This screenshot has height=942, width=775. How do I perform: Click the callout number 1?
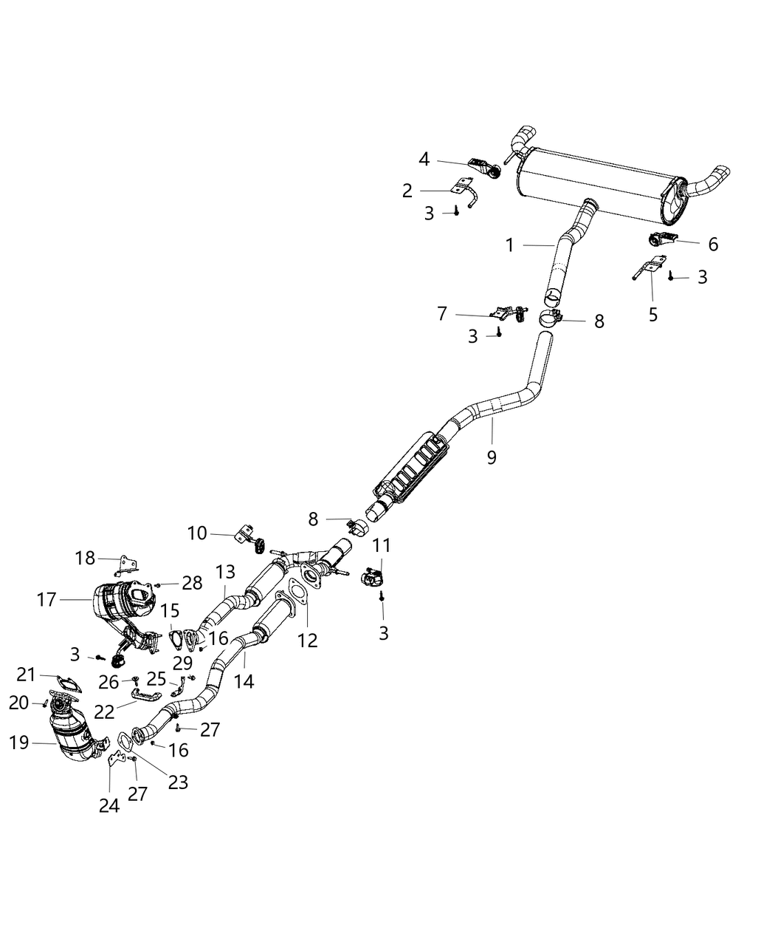[509, 245]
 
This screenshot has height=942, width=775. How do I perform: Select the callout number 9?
[492, 457]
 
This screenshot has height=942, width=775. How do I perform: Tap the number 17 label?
[46, 599]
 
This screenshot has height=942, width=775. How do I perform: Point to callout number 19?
[19, 743]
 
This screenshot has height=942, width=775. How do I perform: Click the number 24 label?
[109, 805]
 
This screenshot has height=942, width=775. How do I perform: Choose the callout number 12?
[307, 640]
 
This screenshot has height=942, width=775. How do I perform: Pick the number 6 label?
[712, 244]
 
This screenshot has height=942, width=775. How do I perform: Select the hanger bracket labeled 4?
[483, 168]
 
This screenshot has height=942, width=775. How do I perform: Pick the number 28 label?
[192, 583]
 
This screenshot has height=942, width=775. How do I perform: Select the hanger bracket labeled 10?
[247, 536]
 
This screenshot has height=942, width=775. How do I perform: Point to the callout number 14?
[244, 680]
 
